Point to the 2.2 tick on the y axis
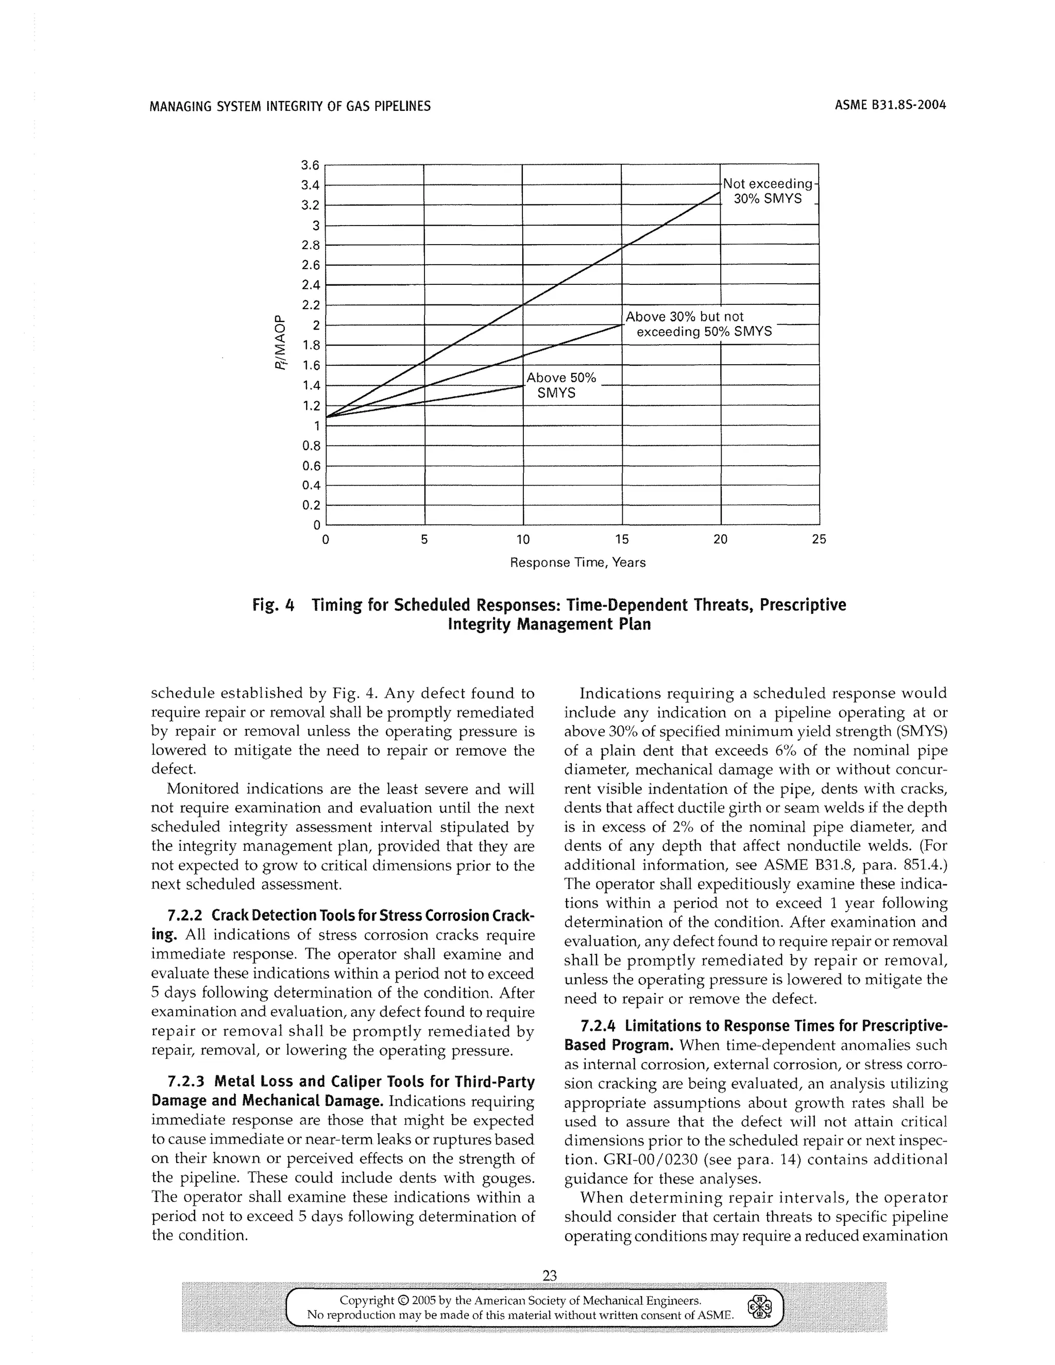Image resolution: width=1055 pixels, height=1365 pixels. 311,305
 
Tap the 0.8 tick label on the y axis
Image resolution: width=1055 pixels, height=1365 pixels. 311,446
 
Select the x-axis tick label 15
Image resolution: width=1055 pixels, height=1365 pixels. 622,539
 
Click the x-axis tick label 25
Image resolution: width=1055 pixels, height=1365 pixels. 819,539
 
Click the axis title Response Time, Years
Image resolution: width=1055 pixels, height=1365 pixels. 578,562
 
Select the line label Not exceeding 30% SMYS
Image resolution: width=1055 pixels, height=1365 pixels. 768,191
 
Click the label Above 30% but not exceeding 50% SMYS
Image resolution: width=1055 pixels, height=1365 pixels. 698,324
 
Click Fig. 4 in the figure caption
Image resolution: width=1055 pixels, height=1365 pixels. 273,605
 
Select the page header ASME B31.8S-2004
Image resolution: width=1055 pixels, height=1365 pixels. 890,105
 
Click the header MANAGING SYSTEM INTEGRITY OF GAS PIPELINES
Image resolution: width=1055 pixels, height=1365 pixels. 291,106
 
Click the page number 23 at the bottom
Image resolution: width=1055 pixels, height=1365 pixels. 550,1275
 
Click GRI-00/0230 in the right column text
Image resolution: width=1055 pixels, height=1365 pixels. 642,1160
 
